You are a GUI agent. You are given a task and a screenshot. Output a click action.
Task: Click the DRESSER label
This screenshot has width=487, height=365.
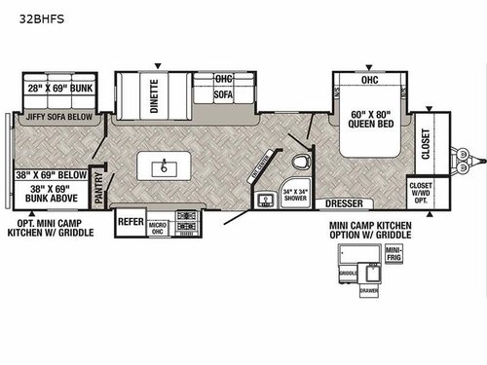pyautogui.click(x=344, y=204)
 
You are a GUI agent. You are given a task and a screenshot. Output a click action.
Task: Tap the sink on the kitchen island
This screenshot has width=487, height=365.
pyautogui.click(x=165, y=166)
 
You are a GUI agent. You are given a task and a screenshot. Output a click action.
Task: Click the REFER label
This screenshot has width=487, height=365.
pyautogui.click(x=131, y=221)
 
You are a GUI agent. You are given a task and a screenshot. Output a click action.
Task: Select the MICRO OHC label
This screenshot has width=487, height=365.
pyautogui.click(x=159, y=227)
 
